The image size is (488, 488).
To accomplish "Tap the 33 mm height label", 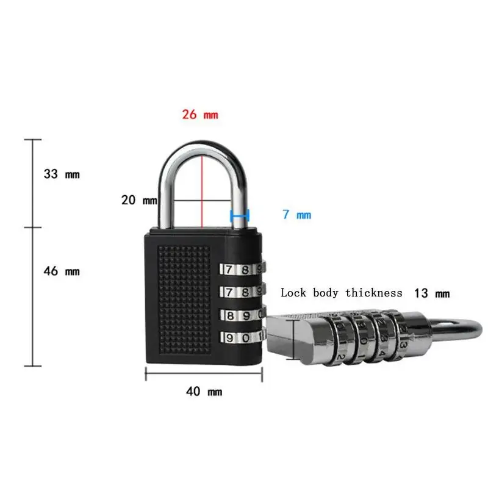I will (61, 174).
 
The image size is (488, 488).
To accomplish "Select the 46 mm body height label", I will (61, 271).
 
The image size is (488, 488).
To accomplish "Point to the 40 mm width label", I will (204, 392).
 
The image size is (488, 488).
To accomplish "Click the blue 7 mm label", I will (296, 215).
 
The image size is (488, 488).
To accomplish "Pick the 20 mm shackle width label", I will (138, 199).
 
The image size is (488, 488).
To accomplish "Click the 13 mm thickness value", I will (431, 293).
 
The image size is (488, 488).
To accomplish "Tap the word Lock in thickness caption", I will (294, 293).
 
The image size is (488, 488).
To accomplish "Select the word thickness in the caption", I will (374, 293).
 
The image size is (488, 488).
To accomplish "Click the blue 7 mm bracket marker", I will (240, 215).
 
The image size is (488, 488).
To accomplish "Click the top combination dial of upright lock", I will (241, 269).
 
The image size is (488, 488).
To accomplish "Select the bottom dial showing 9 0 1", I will (241, 337).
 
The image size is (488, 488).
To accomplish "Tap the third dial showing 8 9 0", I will (241, 315).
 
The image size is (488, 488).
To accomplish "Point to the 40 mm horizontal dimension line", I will (204, 373).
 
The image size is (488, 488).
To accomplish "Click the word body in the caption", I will (326, 293).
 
